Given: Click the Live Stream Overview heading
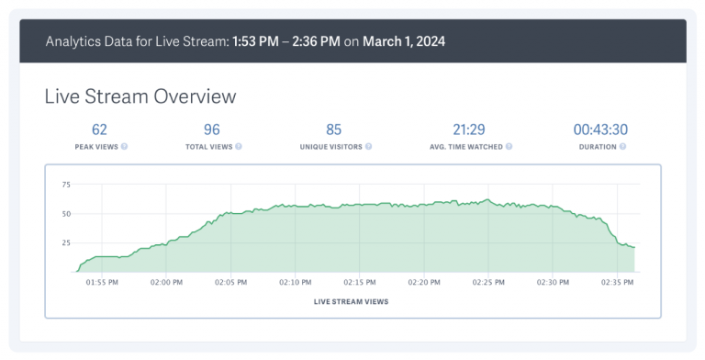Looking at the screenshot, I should coord(140,96).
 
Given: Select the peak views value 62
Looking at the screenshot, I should coord(99,129).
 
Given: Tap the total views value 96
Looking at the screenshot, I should coord(211,129).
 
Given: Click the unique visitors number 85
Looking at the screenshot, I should coord(333,129).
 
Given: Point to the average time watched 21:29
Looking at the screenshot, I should coord(468,129).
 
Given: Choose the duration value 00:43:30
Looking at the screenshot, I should coord(600,129).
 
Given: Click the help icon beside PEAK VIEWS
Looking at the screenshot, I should coord(124,146).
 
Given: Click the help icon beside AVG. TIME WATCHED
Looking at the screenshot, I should coord(509,146).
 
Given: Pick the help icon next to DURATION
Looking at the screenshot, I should coord(622,146).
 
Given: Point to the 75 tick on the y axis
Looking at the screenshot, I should coord(65,185).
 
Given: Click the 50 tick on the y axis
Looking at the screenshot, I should coord(65,214).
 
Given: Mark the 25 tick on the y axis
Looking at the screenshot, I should coord(65,242).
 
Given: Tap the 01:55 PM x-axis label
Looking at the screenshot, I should coord(101,283).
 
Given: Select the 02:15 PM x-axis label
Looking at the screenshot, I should coord(359,283).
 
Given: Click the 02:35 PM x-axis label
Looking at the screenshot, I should coord(617,283).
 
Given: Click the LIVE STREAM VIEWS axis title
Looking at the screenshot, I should coord(351,301).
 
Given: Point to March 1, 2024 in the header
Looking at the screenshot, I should coord(404,42).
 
